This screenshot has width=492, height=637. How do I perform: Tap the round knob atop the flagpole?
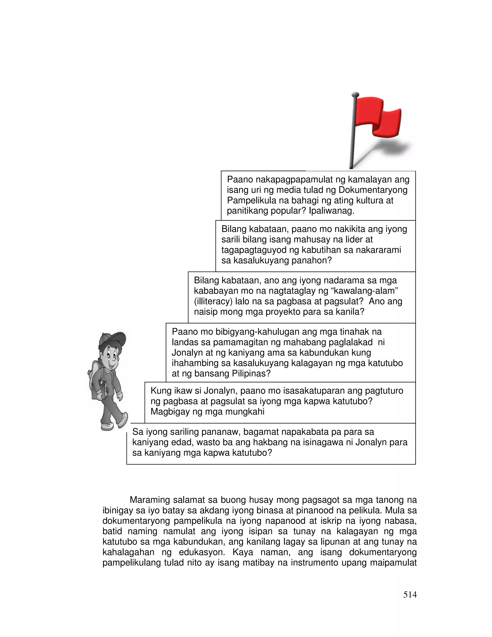point(355,94)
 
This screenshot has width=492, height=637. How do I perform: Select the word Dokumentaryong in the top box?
point(373,190)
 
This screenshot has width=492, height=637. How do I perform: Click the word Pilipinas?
point(251,373)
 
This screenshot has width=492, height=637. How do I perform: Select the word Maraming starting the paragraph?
point(149,500)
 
